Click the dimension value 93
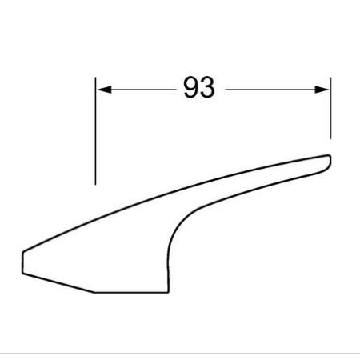(x=199, y=88)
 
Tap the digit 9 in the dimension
(x=191, y=88)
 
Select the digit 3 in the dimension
(x=207, y=88)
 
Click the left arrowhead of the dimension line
(x=104, y=90)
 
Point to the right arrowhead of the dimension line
(x=322, y=90)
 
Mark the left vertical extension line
(x=95, y=130)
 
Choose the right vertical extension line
(x=330, y=108)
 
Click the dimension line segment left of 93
(x=136, y=90)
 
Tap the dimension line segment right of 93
(x=278, y=90)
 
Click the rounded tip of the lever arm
(x=330, y=160)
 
